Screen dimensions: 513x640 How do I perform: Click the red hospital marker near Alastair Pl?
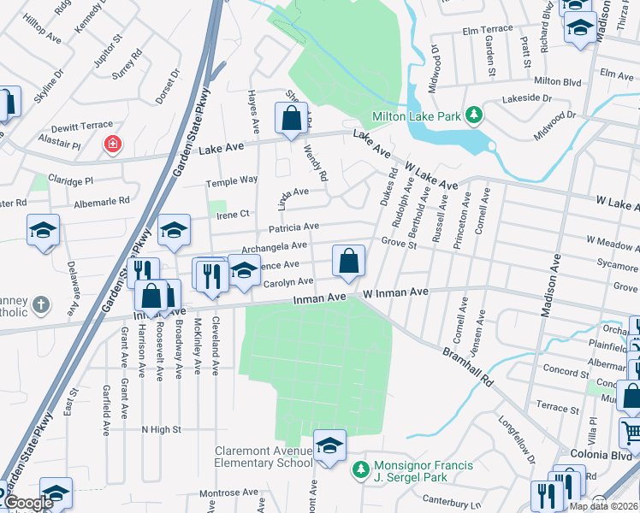[x=112, y=144]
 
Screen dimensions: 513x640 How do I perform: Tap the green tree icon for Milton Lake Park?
[x=471, y=115]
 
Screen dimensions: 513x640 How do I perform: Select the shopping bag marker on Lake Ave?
[x=291, y=118]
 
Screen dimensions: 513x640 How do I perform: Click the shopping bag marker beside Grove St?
[x=348, y=261]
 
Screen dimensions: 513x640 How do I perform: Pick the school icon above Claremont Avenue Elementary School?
[x=329, y=445]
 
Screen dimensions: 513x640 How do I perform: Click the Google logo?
[x=27, y=503]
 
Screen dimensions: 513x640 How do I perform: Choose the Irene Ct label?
[x=232, y=214]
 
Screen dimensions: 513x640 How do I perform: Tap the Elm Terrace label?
[x=487, y=29]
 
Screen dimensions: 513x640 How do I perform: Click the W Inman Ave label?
[x=395, y=292]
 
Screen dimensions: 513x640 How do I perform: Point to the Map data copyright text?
[x=603, y=506]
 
